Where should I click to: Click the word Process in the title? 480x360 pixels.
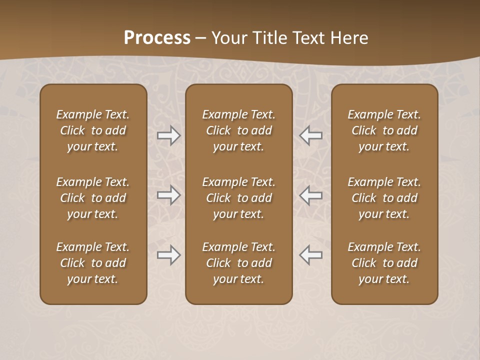(x=157, y=38)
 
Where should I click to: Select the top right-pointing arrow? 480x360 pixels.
(x=168, y=135)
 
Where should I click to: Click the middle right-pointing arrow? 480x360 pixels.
(x=168, y=195)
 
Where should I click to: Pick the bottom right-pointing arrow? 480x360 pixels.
(x=168, y=255)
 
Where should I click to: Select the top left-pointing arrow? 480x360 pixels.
(x=311, y=135)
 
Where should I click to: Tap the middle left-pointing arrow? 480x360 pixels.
(x=311, y=195)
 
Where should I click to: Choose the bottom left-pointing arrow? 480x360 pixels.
(x=311, y=255)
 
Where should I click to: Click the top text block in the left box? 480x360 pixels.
(x=93, y=130)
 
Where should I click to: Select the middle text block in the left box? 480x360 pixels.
(x=93, y=198)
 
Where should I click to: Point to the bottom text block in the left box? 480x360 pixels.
(x=93, y=263)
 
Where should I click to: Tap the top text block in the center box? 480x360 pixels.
(x=239, y=130)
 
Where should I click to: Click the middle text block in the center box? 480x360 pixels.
(x=239, y=198)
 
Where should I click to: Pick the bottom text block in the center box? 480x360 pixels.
(x=239, y=263)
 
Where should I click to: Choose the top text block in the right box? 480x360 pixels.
(x=384, y=130)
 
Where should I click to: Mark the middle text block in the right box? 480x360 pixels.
(x=384, y=198)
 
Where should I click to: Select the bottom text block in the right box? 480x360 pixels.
(x=384, y=263)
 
